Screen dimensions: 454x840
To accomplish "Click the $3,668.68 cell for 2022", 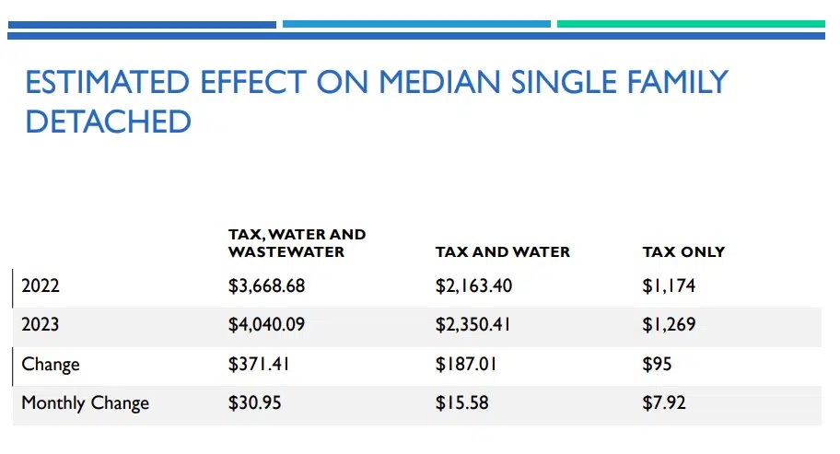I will point(266,286).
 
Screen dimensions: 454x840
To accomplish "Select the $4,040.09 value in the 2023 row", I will point(266,325).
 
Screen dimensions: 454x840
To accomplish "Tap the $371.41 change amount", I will point(259,364).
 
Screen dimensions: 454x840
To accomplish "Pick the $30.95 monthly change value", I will point(254,402).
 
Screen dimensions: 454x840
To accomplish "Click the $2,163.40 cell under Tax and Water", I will point(473,286).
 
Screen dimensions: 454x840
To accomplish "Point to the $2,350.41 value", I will point(473,325).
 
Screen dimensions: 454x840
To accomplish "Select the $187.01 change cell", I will point(466,364).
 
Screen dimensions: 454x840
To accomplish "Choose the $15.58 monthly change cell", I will point(461,402).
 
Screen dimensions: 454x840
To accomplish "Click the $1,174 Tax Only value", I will point(669,286).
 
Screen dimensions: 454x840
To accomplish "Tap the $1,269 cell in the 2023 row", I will point(669,325).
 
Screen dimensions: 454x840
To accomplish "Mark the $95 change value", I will point(657,364).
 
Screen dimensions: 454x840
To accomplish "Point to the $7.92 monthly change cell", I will point(664,402).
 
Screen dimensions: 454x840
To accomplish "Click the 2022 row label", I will point(41,286).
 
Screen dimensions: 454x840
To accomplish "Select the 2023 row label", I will point(41,325).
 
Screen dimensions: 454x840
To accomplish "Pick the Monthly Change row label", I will point(85,402).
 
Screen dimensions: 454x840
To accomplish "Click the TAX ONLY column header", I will point(683,251).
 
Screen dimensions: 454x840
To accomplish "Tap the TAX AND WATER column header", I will point(502,251).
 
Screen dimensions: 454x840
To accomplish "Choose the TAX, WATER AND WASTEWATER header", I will point(297,243).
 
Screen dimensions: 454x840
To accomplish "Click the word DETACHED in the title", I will point(108,122).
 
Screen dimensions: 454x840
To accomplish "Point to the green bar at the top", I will point(691,24).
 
